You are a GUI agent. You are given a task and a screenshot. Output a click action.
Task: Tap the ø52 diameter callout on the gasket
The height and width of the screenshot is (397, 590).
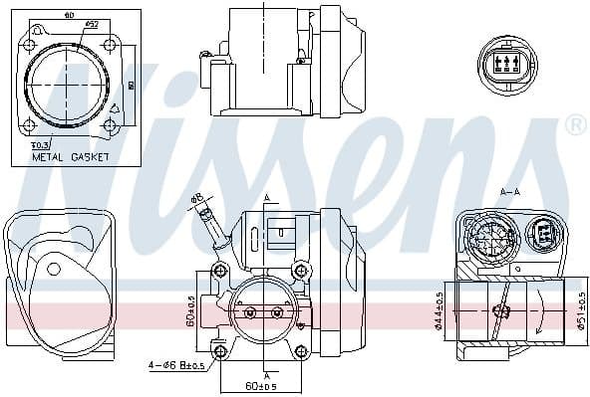tap(90, 23)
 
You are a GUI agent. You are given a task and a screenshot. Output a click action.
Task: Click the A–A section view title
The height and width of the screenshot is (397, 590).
tap(511, 191)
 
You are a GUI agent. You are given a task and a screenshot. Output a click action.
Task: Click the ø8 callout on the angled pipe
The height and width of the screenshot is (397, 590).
tap(195, 198)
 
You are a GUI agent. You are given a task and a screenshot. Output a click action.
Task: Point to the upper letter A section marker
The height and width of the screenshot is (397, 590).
tap(266, 197)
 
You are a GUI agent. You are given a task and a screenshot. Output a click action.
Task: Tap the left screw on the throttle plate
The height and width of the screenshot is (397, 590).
tap(249, 312)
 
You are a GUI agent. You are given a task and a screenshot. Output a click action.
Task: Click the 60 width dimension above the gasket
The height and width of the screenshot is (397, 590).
tap(68, 16)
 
